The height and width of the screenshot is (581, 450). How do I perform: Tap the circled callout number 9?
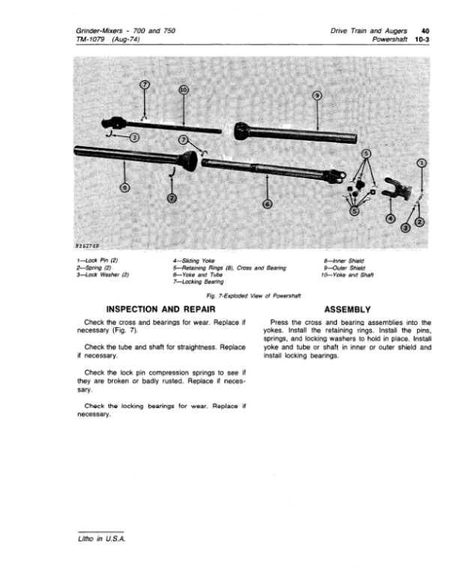pos(316,95)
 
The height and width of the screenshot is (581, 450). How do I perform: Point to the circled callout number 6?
pos(268,203)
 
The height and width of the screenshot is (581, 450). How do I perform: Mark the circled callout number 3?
pos(406,228)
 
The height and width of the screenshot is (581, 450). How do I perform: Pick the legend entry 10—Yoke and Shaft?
pos(349,273)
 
